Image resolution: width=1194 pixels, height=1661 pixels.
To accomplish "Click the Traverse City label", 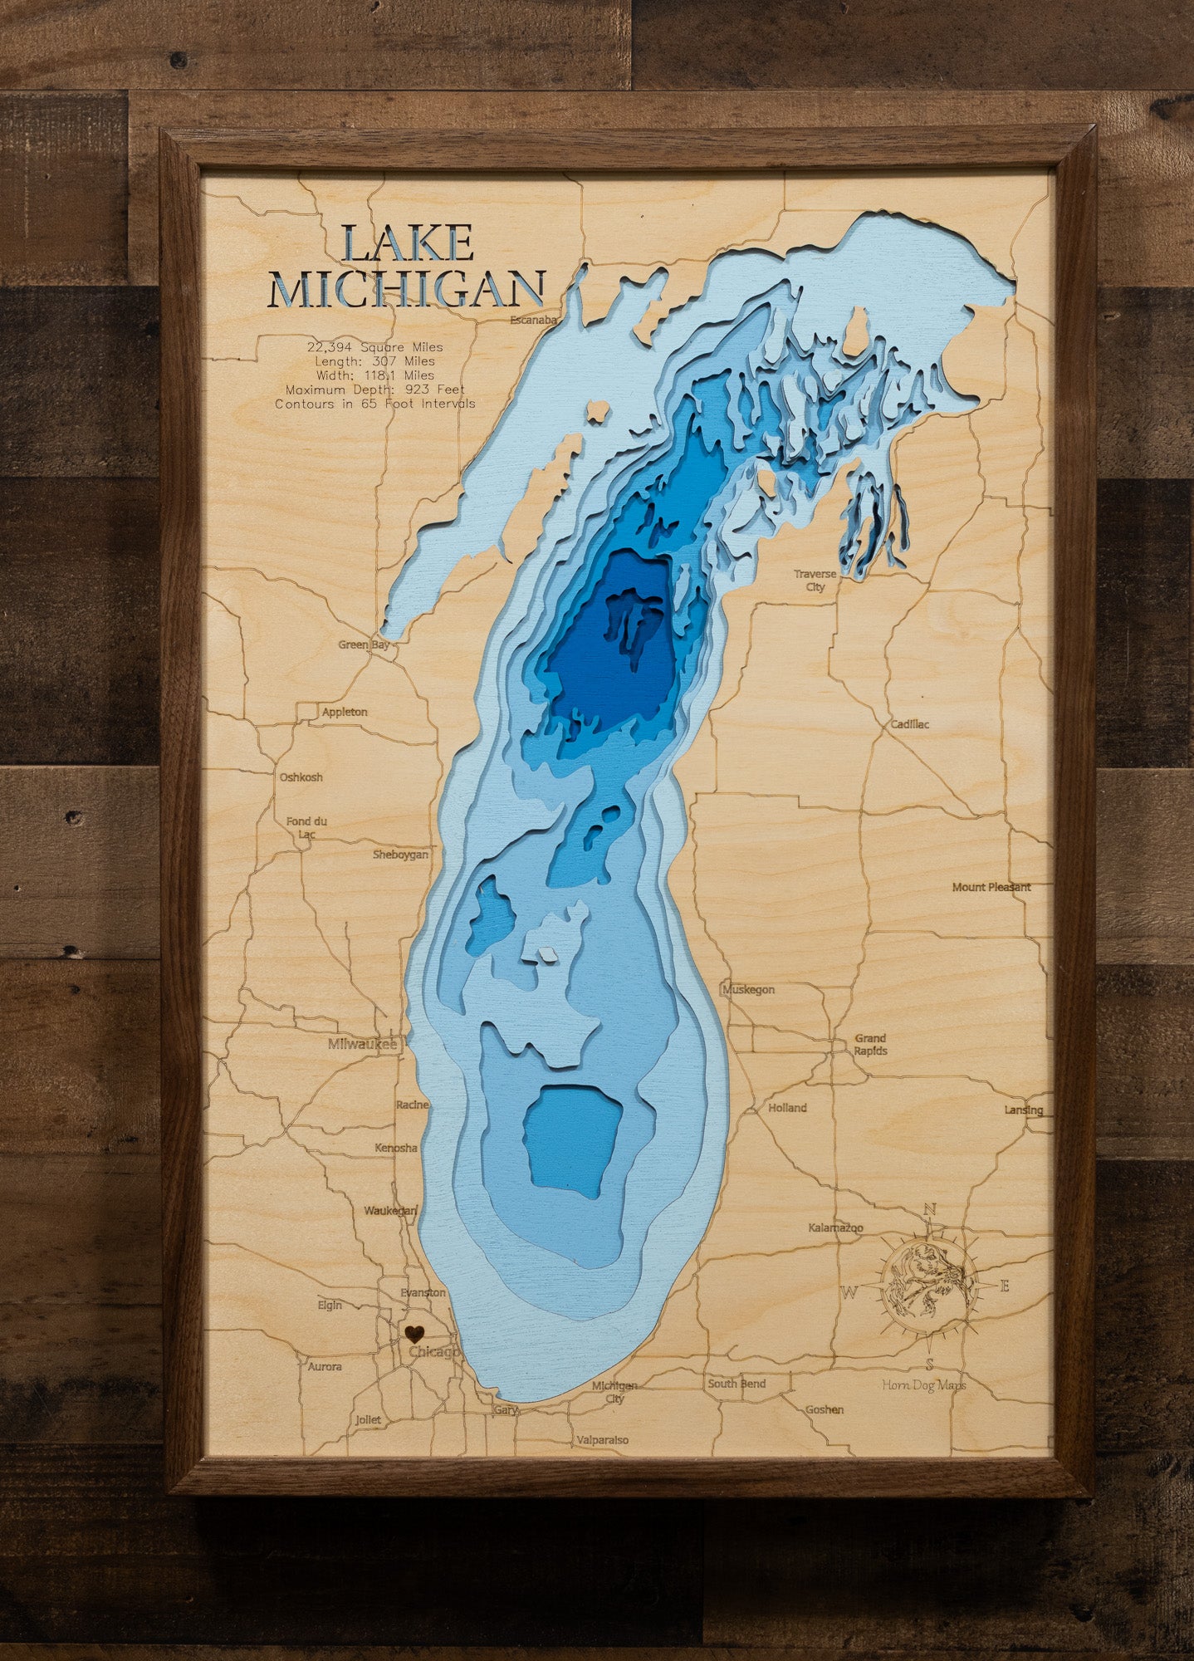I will [x=815, y=580].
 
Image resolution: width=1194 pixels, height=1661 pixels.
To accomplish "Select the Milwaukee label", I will [x=362, y=1044].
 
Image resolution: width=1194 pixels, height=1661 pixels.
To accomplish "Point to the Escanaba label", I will [x=532, y=320].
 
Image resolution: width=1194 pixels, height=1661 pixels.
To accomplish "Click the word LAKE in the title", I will [x=407, y=243].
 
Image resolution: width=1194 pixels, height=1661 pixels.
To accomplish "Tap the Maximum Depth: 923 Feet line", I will [x=374, y=390].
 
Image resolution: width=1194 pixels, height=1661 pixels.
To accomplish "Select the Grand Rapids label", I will [x=870, y=1044].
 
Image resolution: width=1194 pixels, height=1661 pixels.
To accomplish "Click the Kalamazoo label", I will [x=835, y=1227].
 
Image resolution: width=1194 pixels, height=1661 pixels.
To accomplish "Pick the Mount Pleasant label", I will [x=991, y=887].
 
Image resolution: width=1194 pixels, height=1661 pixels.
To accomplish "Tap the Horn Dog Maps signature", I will [x=924, y=1384].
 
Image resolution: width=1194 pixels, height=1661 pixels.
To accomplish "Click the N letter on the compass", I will [x=930, y=1209].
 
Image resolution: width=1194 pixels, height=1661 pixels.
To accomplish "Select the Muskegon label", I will [x=748, y=989].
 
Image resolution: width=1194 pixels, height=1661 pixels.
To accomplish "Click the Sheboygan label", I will [x=400, y=854].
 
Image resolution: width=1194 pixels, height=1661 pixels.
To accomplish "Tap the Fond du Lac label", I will [x=306, y=826].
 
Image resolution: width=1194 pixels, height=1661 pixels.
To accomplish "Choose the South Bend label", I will [x=736, y=1384].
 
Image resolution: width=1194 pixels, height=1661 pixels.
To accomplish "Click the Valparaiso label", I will [x=603, y=1440].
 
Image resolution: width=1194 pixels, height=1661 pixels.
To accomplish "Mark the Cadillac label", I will [x=909, y=724].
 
